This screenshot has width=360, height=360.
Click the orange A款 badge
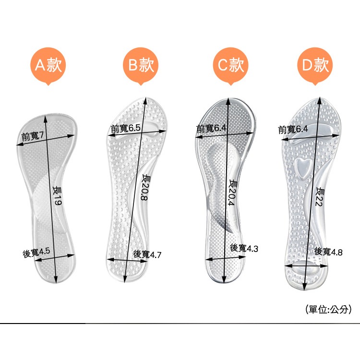pyautogui.click(x=48, y=65)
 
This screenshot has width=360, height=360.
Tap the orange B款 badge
pyautogui.click(x=141, y=65)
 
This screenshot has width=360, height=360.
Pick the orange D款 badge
pyautogui.click(x=315, y=65)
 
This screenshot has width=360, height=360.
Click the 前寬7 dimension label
pyautogui.click(x=33, y=136)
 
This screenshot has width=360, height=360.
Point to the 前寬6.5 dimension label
pyautogui.click(x=125, y=129)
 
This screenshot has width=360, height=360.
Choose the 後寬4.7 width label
pyautogui.click(x=147, y=254)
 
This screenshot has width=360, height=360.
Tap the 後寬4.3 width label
pyautogui.click(x=244, y=248)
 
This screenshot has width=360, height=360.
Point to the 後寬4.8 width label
pyautogui.click(x=328, y=251)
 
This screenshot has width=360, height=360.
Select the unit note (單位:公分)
pyautogui.click(x=328, y=310)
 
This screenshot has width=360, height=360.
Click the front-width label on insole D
pyautogui.click(x=293, y=129)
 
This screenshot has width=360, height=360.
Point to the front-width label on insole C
pyautogui.click(x=211, y=128)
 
